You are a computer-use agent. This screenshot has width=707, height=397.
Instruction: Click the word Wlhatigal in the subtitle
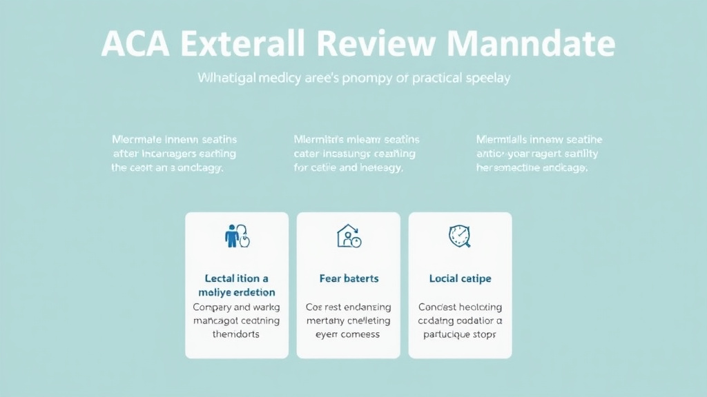point(226,78)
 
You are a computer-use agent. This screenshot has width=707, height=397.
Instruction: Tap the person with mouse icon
point(237,236)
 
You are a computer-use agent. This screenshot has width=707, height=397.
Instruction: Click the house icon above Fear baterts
point(349,236)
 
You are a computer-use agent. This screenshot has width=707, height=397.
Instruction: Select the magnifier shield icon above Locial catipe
point(460,236)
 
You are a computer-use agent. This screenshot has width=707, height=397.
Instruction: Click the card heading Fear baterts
point(349,278)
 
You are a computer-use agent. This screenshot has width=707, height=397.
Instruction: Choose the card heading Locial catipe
point(460,278)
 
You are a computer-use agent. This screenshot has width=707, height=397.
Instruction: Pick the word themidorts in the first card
point(237,334)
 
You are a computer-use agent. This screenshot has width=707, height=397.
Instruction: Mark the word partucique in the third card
point(447,334)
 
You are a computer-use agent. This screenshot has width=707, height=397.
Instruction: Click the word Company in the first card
point(212,307)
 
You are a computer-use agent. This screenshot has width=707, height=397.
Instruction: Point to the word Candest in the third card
point(438,307)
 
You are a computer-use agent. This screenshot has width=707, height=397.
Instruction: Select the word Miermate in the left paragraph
point(136,139)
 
